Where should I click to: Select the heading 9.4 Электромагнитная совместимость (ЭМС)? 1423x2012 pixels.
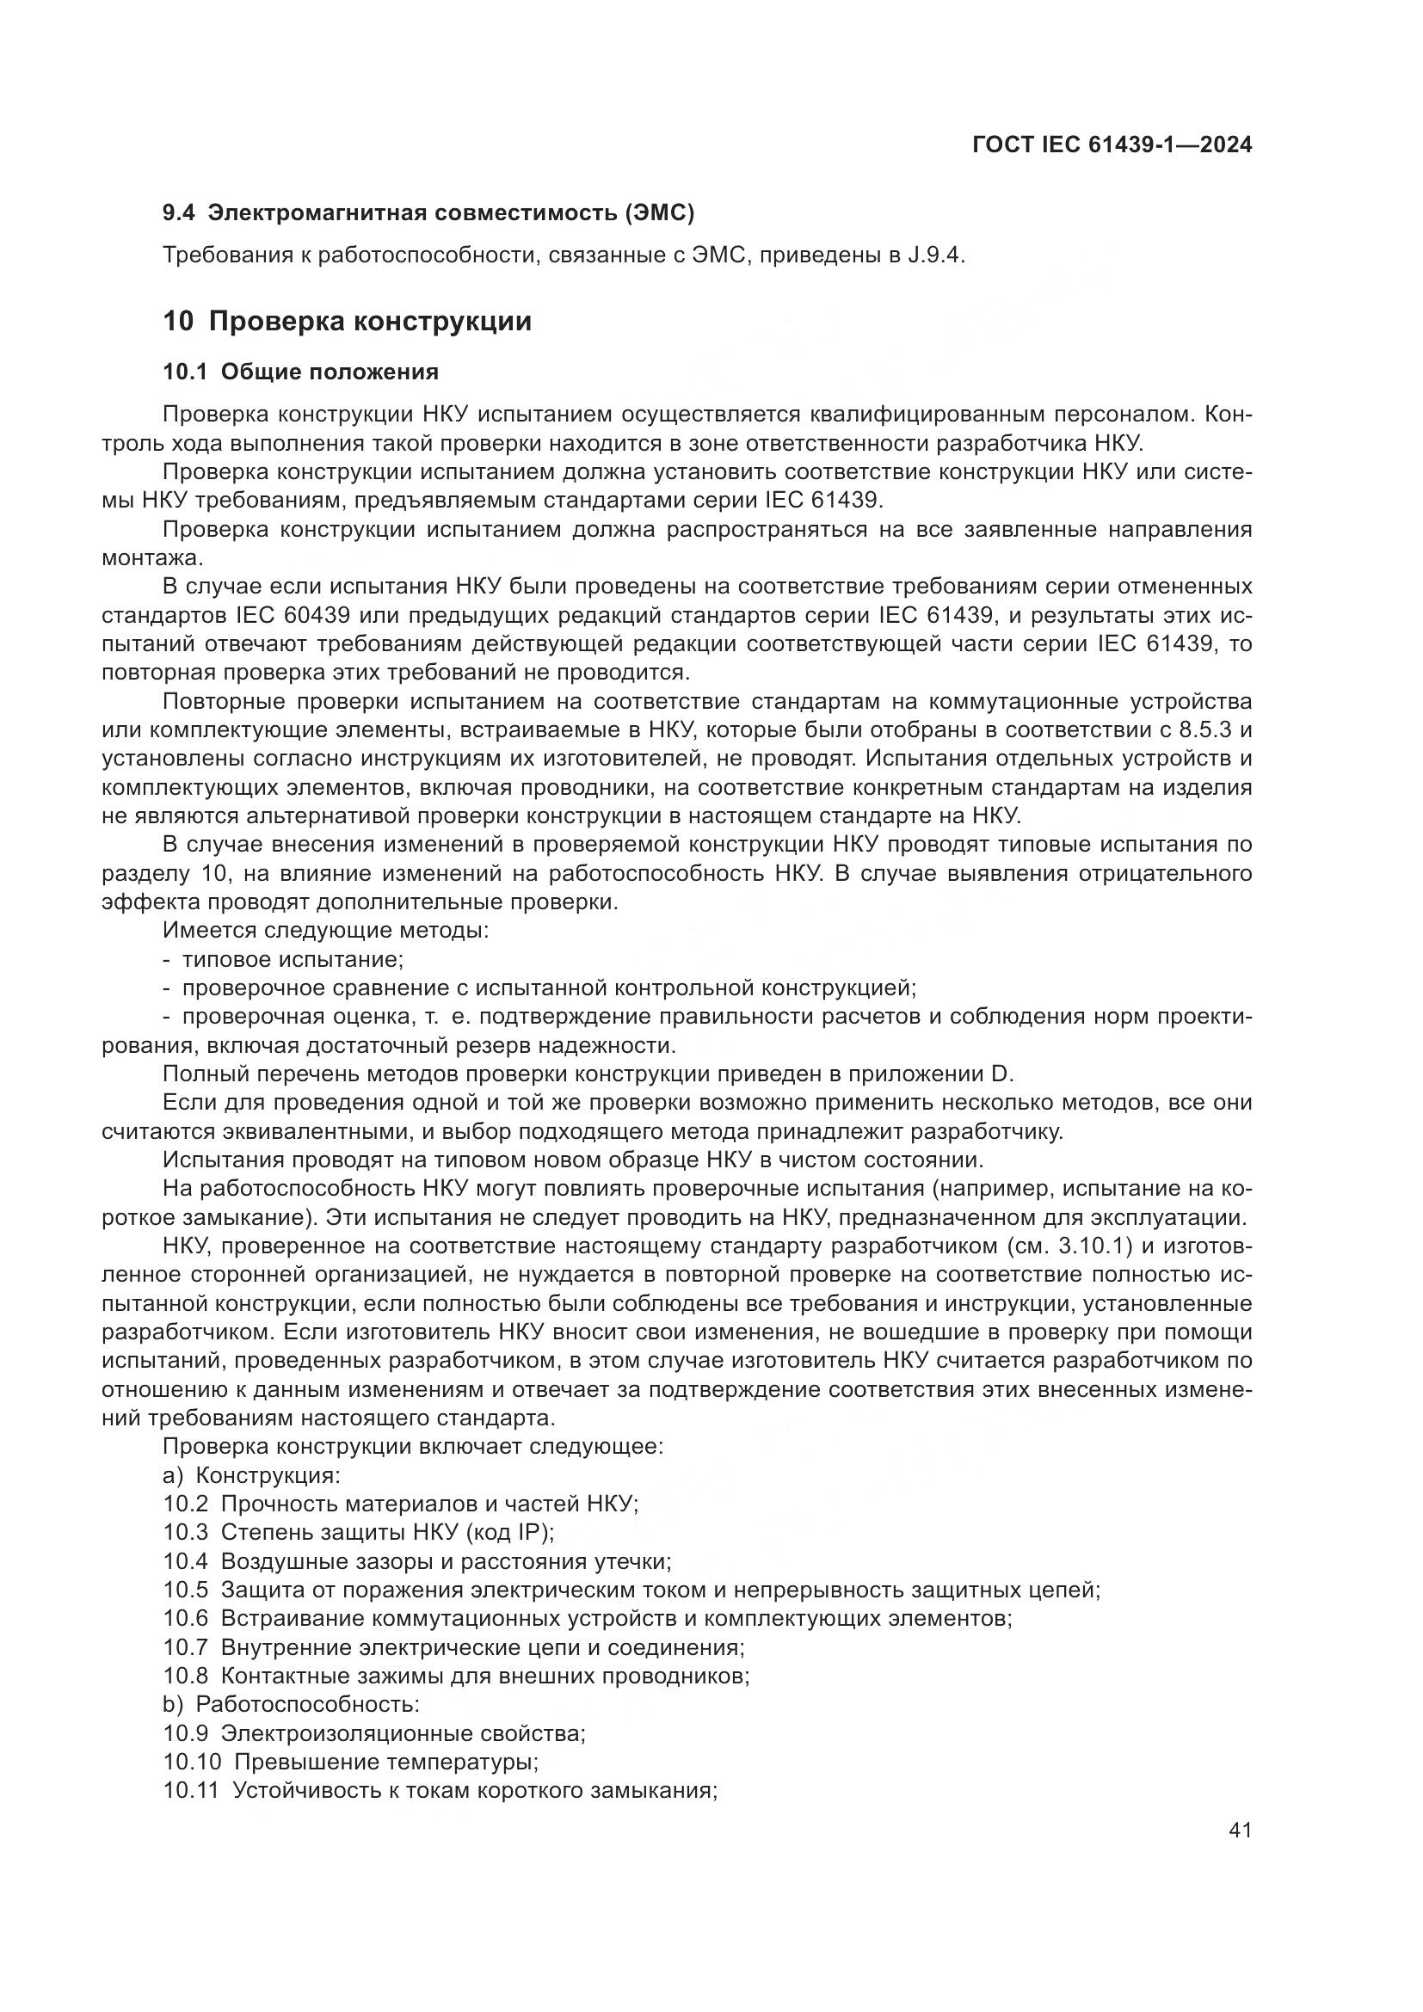428,212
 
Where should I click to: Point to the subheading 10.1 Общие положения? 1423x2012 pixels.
300,372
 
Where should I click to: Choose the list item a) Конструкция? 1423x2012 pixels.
251,1476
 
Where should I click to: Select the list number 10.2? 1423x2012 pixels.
186,1504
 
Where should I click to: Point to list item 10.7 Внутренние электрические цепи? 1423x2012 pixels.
453,1647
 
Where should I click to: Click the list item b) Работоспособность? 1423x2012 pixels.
291,1704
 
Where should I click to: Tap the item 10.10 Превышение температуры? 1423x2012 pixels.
350,1762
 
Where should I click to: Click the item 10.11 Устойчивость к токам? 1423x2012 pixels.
440,1790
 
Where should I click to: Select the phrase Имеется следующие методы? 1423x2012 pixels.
325,931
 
